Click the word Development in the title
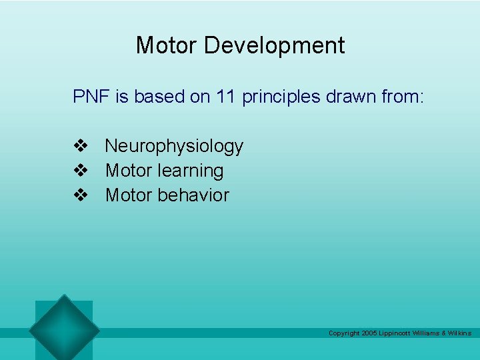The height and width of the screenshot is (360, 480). pos(274,46)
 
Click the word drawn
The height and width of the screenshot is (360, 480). pos(353,97)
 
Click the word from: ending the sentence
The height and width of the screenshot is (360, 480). pos(402,97)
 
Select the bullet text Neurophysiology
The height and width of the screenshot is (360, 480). pos(174,146)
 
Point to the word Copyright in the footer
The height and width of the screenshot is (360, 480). pos(344,333)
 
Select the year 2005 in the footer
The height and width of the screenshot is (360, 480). pos(369,333)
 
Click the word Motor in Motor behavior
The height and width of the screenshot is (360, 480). pos(129,195)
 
